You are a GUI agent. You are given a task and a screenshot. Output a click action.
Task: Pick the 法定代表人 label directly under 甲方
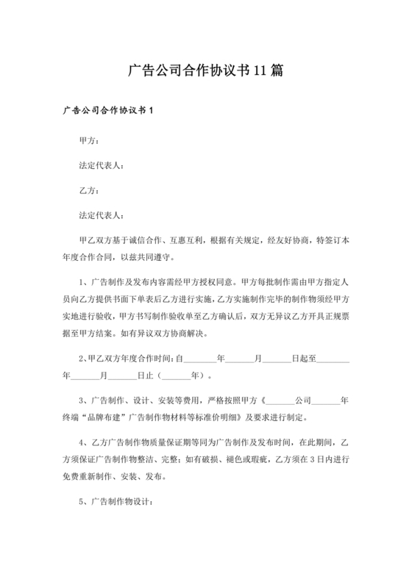click(x=102, y=165)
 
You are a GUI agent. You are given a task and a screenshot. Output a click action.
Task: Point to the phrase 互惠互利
click(x=185, y=240)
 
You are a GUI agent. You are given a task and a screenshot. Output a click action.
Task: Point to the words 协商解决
click(x=190, y=333)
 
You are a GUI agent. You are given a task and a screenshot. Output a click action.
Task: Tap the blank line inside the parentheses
click(x=175, y=376)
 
